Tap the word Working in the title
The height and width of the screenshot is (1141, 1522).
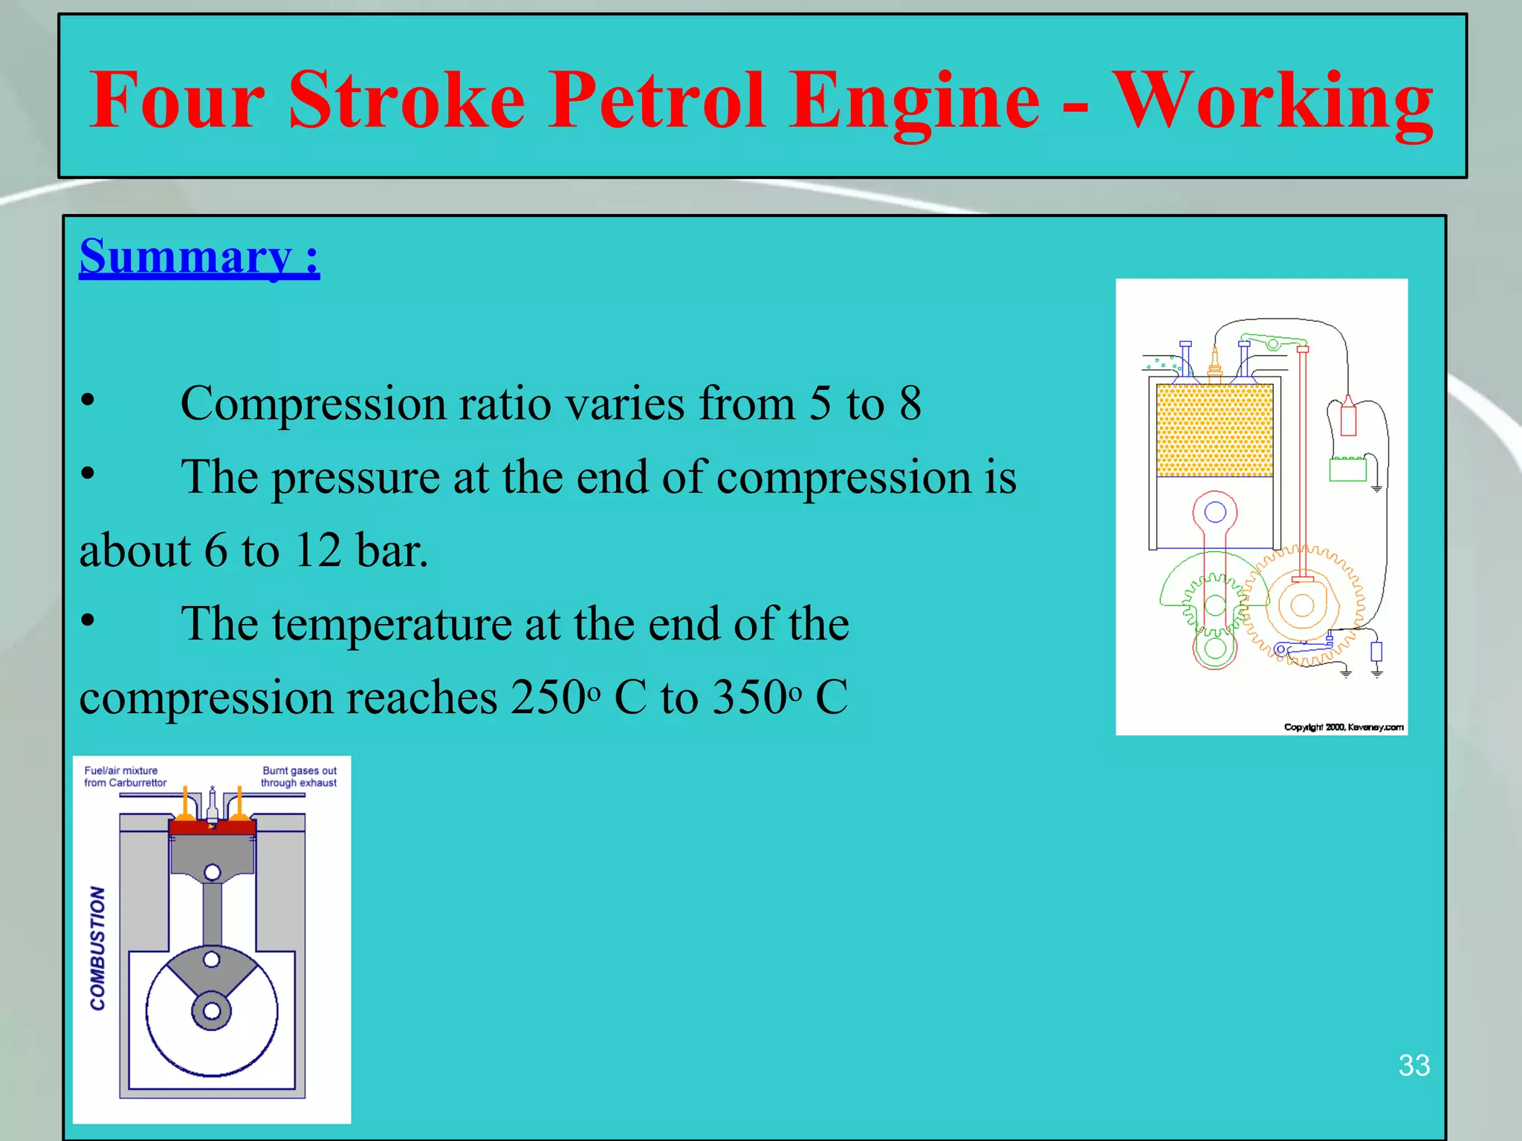point(1272,101)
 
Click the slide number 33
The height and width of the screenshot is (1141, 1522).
point(1413,1065)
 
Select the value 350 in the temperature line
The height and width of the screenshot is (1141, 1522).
point(751,698)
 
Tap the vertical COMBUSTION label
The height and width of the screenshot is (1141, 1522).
point(98,948)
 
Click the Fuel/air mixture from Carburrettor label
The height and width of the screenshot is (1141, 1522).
point(125,777)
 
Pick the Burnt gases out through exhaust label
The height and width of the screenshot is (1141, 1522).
point(299,777)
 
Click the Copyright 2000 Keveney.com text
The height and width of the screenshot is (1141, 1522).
point(1344,727)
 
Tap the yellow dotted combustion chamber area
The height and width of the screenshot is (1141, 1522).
point(1214,430)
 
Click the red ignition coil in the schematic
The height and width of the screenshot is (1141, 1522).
point(1347,418)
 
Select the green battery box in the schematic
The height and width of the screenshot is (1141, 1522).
point(1347,469)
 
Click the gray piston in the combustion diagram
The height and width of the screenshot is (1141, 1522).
point(213,854)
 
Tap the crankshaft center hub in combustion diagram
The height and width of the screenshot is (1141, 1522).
point(212,1011)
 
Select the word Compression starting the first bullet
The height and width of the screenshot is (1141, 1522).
point(313,404)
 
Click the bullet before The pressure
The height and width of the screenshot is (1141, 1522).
point(88,473)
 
